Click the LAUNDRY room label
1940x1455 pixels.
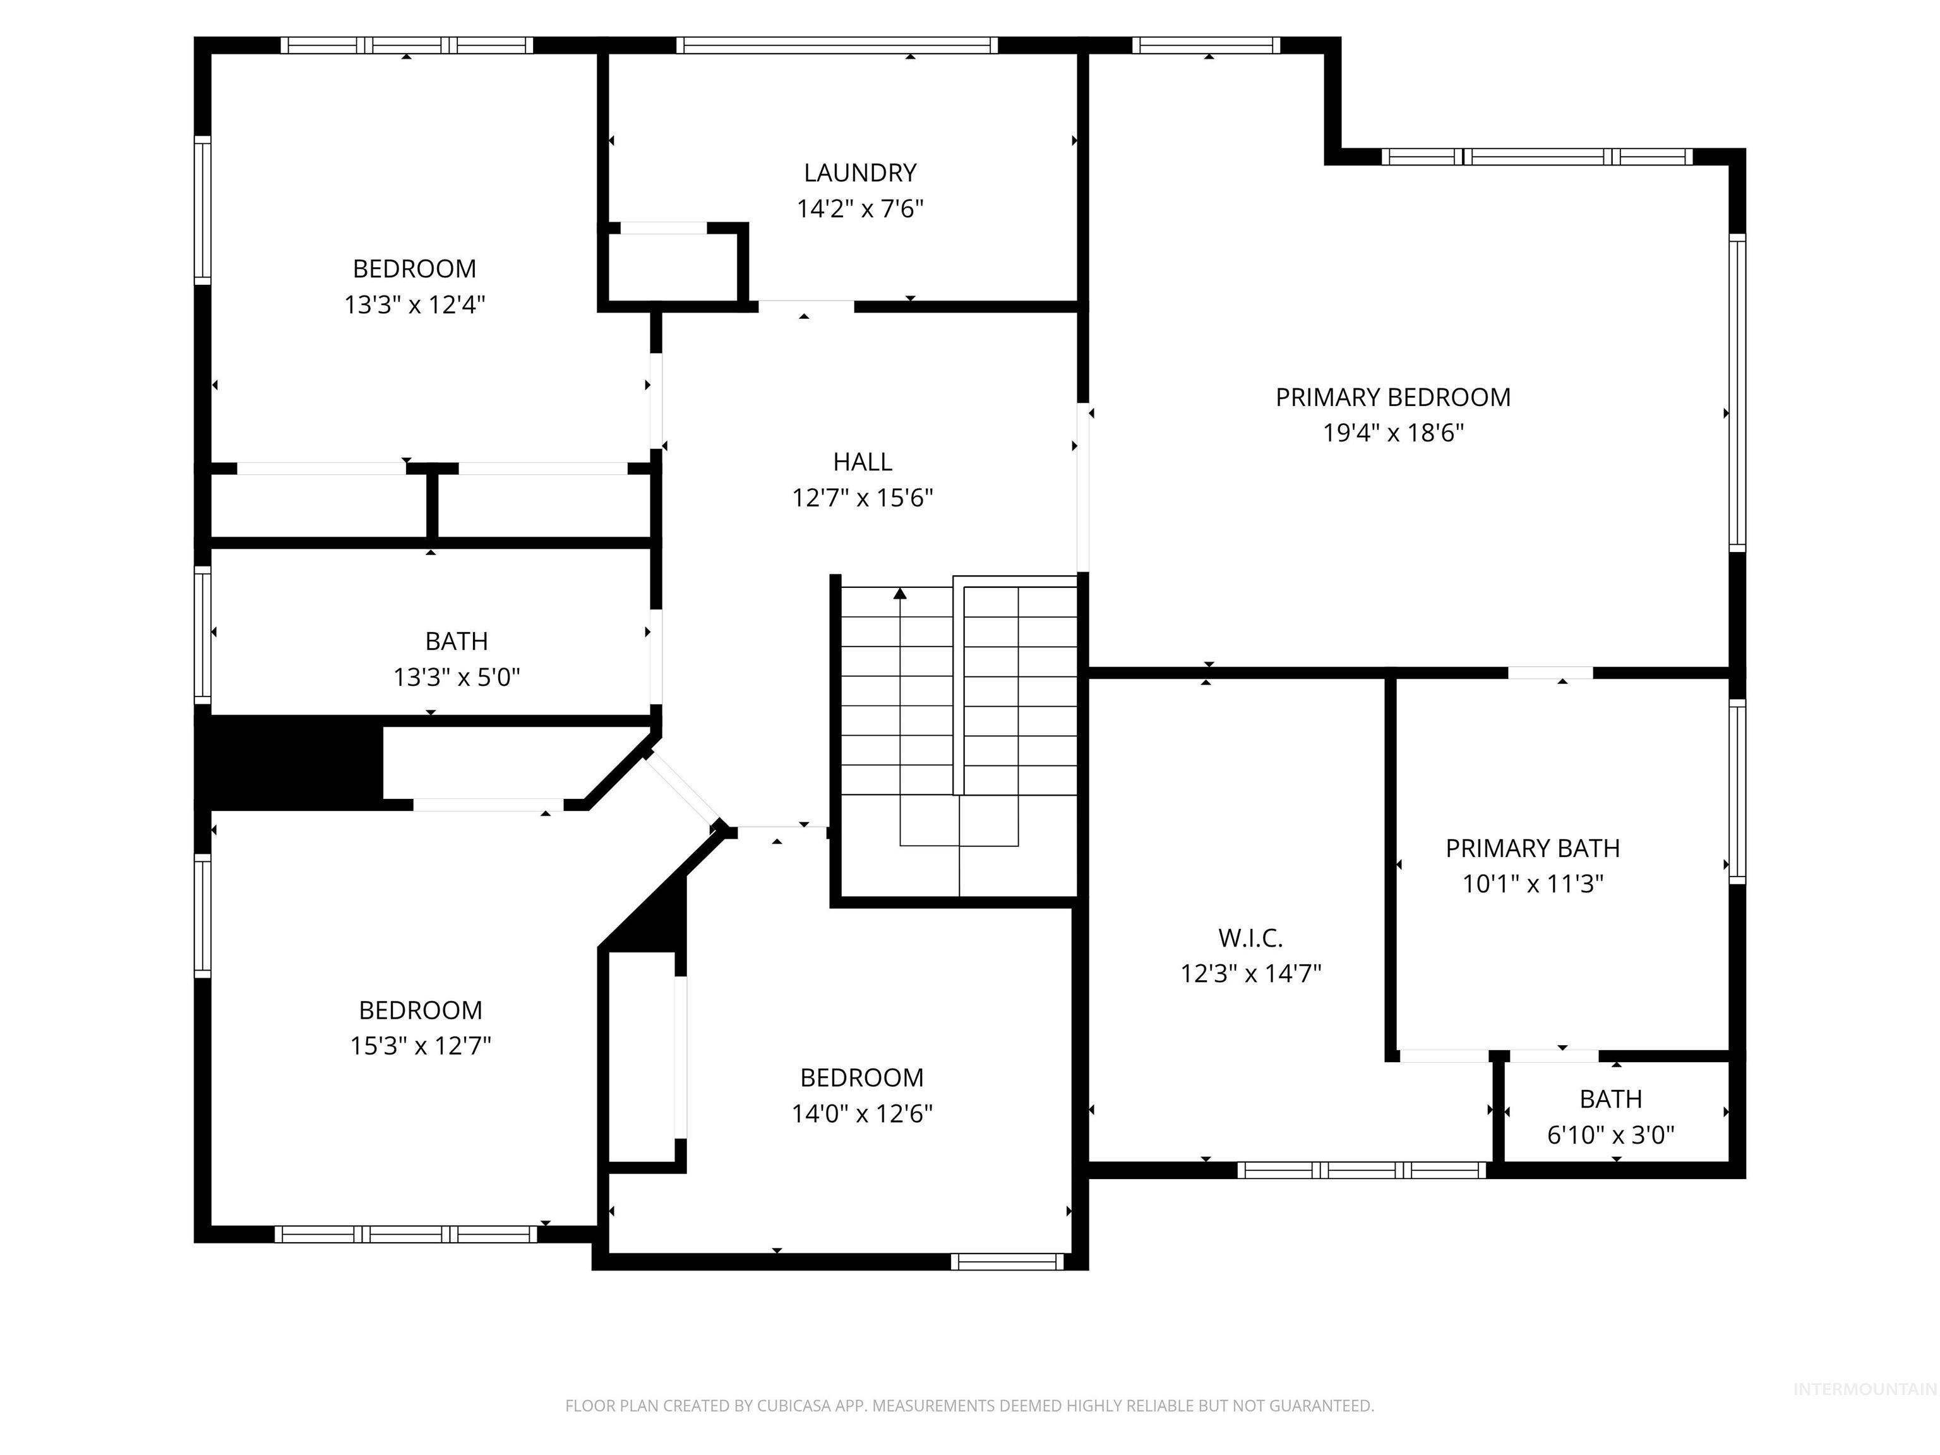click(x=859, y=173)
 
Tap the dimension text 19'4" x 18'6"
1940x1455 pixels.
click(x=1392, y=433)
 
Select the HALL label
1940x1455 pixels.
click(x=862, y=462)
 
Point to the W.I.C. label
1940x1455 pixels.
click(x=1250, y=938)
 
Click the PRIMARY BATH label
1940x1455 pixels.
click(x=1532, y=848)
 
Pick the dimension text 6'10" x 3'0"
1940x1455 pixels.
click(x=1610, y=1135)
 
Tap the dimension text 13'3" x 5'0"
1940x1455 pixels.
click(x=456, y=677)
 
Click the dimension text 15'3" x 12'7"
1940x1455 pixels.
click(x=420, y=1045)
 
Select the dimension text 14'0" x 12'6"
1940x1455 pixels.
click(x=861, y=1113)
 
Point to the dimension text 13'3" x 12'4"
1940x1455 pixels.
click(x=414, y=304)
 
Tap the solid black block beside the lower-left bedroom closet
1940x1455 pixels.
click(x=289, y=760)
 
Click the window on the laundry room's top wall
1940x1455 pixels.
click(x=837, y=45)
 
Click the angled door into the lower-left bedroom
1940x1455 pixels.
click(x=681, y=792)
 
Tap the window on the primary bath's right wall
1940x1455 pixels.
click(x=1737, y=790)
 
